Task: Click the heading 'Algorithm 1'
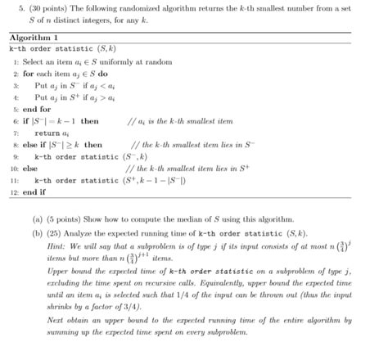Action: [34, 38]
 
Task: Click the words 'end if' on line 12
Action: [37, 191]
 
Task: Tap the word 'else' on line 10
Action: [30, 168]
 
